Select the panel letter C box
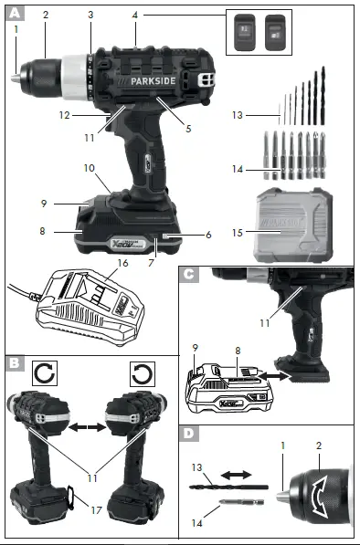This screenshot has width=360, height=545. point(188,273)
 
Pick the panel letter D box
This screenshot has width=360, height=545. point(188,434)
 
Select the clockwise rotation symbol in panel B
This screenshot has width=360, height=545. point(45,373)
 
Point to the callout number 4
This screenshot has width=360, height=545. point(135,16)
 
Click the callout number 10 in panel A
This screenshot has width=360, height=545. point(90,168)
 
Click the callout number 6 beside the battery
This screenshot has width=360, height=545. point(208,236)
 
